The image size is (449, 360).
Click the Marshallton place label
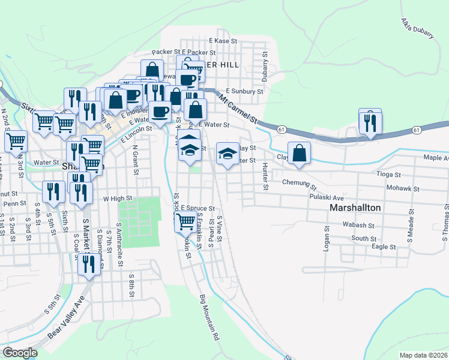tap(355, 207)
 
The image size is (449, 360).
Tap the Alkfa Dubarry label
tap(417, 28)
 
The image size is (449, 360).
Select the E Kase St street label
tap(223, 41)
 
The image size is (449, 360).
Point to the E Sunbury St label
tap(244, 92)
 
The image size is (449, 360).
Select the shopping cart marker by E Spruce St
tap(185, 222)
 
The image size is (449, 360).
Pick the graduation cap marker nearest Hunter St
tap(228, 154)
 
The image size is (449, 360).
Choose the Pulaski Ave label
tap(327, 197)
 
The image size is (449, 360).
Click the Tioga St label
tap(388, 175)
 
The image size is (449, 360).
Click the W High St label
tap(117, 198)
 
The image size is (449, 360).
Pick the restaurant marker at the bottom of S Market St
tap(89, 263)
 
